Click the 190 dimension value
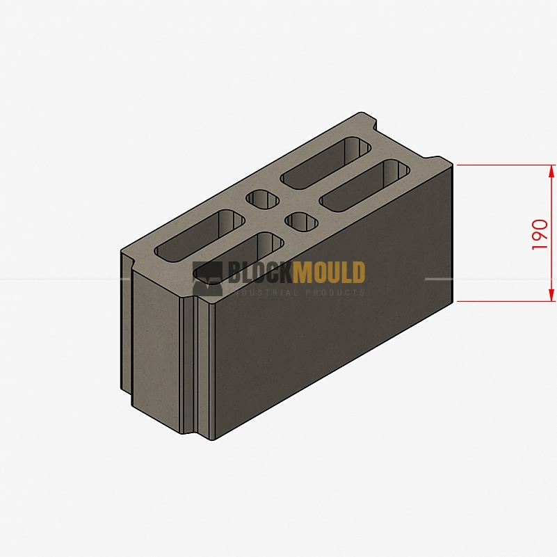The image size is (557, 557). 539,234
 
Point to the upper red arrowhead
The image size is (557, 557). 551,171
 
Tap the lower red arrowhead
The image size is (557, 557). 551,295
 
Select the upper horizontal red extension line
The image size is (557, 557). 506,166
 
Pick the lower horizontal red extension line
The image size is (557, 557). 506,301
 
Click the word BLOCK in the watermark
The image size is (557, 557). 260,273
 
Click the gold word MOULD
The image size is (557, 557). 329,273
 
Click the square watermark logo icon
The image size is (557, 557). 207,279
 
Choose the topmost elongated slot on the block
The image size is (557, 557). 326,163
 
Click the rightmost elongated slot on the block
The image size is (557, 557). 365,186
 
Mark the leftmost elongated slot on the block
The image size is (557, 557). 200,236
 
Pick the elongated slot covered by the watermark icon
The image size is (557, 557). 239,259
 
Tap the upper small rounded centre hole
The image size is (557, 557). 264,200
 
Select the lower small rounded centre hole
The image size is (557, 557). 302,222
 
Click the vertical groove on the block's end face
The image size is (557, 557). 188,366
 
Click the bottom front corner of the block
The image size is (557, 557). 213,440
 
